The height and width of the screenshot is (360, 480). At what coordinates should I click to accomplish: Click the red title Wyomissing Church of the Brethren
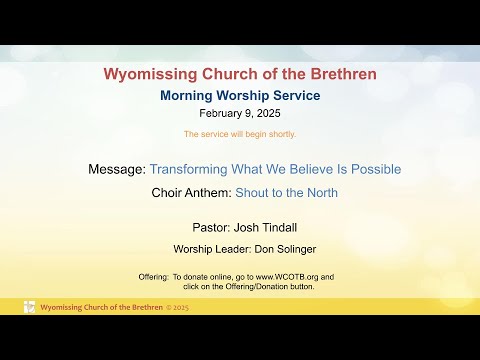click(x=240, y=73)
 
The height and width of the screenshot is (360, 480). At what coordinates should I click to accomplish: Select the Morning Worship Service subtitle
click(x=240, y=96)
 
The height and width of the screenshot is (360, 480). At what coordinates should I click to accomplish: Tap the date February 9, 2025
click(x=240, y=114)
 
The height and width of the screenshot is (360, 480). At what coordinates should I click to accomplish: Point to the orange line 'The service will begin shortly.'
click(x=240, y=134)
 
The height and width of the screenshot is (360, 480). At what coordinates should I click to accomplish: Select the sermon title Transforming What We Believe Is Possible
click(x=275, y=169)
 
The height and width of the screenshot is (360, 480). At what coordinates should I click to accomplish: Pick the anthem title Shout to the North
click(x=286, y=193)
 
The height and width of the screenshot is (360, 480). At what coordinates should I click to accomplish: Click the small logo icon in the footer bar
click(x=29, y=307)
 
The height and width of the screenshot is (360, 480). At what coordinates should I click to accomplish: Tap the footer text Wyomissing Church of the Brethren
click(x=101, y=307)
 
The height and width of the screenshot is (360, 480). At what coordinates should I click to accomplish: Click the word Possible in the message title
click(x=376, y=169)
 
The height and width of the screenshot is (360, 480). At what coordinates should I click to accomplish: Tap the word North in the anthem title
click(x=319, y=193)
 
